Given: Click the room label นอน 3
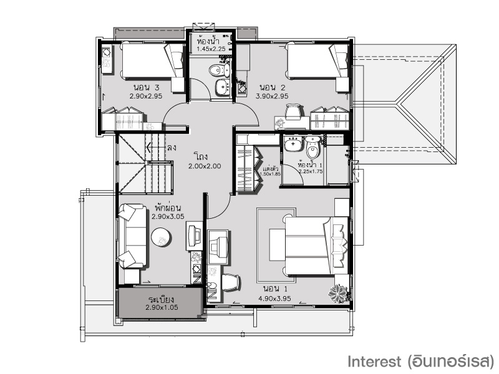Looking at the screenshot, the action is [146, 87].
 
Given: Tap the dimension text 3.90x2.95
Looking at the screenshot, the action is [272, 96].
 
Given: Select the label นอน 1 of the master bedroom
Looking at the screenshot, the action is [275, 289].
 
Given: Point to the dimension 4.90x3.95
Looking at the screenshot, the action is [274, 299].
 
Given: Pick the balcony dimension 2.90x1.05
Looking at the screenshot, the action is [162, 307].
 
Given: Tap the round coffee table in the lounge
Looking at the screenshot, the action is [162, 237].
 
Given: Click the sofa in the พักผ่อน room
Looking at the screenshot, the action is [133, 236].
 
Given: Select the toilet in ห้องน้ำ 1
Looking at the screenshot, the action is [312, 147].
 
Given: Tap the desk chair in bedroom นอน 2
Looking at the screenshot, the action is [293, 112].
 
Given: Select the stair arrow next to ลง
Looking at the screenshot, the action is [155, 147].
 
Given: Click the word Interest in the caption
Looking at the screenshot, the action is [374, 362].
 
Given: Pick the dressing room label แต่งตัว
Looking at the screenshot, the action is [271, 168].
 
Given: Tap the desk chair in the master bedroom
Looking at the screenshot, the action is [230, 282].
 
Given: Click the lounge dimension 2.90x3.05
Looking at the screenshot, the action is [168, 217].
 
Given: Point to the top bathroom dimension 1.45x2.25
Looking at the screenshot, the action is [211, 49].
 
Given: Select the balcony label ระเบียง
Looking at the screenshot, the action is [161, 300].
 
